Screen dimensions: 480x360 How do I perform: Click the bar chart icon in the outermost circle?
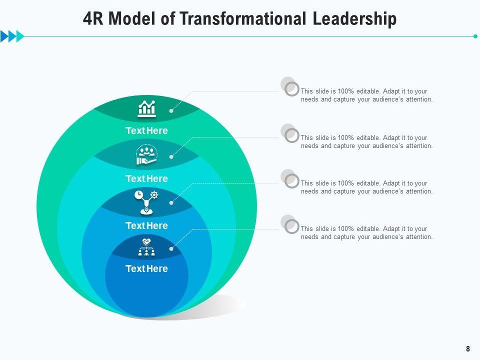[146, 108]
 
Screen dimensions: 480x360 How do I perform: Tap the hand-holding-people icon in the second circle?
[146, 155]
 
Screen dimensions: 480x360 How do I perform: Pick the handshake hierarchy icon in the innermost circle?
[146, 247]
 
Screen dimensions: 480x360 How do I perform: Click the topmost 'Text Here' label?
[146, 131]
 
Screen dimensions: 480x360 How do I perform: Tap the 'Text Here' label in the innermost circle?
[146, 269]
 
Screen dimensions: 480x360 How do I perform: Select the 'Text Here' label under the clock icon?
[146, 226]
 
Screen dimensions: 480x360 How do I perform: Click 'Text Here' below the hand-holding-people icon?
[146, 178]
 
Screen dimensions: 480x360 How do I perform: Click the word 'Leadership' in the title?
[354, 19]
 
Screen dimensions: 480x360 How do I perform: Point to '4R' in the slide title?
[94, 19]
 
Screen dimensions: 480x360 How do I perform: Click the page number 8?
[467, 349]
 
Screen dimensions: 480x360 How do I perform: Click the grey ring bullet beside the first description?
[291, 89]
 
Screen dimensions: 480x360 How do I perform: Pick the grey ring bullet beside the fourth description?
[291, 226]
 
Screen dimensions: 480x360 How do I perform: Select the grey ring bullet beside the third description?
[291, 181]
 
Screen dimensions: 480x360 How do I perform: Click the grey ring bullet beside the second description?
[291, 135]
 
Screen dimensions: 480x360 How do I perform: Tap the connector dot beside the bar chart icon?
[171, 111]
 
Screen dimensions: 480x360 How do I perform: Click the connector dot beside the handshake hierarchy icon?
[171, 249]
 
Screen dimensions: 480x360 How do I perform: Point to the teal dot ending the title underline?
[475, 36]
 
